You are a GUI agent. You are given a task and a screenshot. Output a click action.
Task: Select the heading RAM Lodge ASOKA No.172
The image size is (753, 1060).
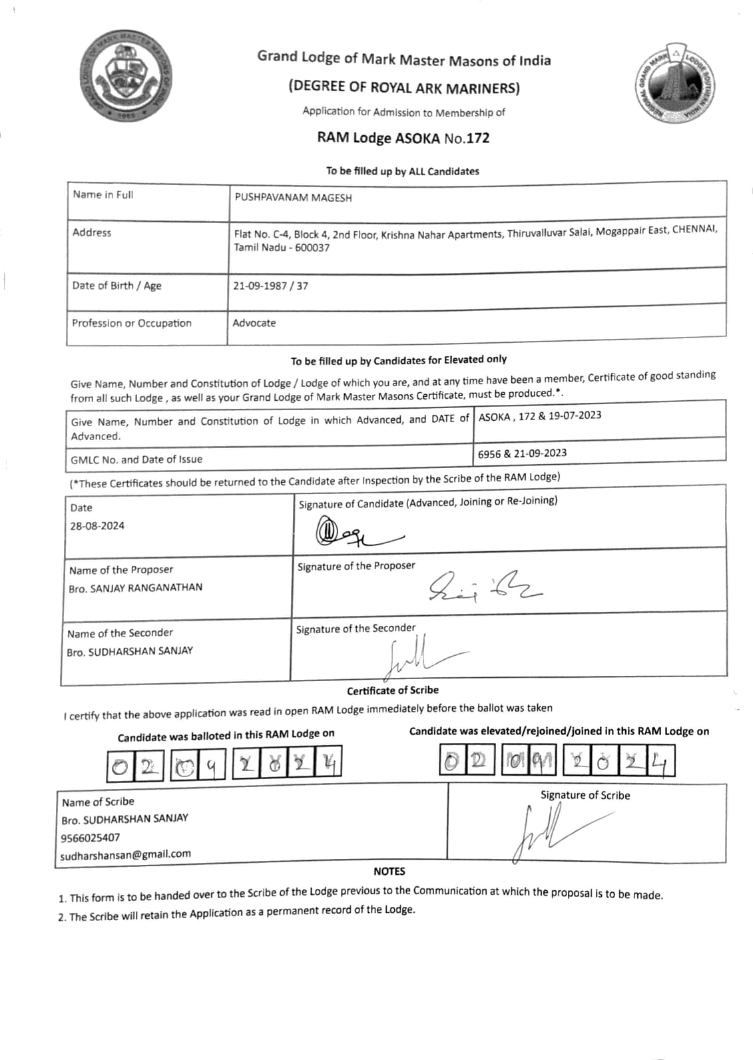[403, 138]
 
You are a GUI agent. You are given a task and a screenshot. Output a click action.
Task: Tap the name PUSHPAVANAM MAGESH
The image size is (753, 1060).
[293, 198]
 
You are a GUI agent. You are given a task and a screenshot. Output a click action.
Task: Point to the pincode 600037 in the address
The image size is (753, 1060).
[312, 248]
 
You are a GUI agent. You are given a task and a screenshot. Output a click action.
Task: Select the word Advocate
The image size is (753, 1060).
[254, 323]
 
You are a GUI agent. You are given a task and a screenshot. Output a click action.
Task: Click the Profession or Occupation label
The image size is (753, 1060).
[132, 323]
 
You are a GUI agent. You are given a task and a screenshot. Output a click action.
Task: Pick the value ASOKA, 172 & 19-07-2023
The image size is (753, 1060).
[539, 416]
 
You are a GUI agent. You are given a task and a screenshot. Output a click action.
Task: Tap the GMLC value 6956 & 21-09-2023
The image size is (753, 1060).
[522, 453]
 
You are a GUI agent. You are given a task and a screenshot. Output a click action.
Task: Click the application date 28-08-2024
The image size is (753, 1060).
[97, 525]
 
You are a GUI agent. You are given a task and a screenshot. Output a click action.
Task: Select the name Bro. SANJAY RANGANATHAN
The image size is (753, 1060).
[135, 588]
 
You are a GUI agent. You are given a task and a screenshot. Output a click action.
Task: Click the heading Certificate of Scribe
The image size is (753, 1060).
[392, 690]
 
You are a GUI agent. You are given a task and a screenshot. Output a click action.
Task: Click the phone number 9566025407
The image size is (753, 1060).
[91, 838]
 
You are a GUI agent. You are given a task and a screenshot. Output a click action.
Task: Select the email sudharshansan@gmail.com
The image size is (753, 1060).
[125, 854]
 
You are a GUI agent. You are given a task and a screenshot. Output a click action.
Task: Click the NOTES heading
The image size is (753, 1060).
[389, 871]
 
